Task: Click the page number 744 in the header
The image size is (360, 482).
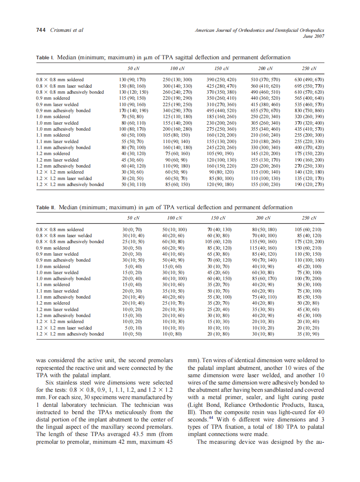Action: (41, 30)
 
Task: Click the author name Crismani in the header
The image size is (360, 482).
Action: (60, 30)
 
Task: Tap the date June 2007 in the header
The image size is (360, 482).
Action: (314, 36)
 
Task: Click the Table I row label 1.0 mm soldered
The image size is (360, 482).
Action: (52, 116)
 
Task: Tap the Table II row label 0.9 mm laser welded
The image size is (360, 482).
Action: (57, 254)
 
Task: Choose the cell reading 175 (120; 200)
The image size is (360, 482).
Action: (309, 241)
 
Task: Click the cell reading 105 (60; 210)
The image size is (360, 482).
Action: (309, 229)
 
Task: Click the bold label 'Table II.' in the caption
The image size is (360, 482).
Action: (46, 207)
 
